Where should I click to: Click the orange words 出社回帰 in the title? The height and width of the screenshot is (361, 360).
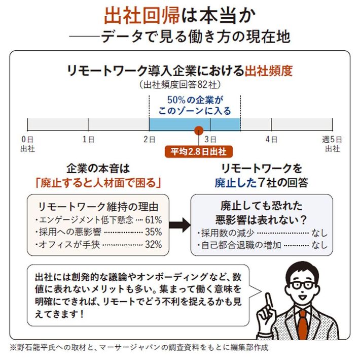(x=142, y=16)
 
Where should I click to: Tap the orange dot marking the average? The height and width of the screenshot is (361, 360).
(x=199, y=130)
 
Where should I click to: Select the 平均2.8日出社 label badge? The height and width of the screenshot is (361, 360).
(x=199, y=152)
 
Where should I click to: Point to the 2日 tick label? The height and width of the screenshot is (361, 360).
(x=149, y=139)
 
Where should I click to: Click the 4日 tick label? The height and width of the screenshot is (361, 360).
(x=271, y=139)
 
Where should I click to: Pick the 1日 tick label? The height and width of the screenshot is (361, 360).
(x=88, y=139)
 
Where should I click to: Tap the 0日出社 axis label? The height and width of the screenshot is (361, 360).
(x=27, y=144)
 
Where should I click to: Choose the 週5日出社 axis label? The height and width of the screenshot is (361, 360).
(x=332, y=144)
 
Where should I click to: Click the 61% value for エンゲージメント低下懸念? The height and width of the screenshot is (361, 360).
(x=154, y=220)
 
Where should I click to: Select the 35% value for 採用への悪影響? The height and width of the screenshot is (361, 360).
(x=154, y=232)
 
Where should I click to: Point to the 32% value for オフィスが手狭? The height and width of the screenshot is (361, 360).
(x=154, y=244)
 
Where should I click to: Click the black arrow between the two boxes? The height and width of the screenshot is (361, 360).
(x=179, y=225)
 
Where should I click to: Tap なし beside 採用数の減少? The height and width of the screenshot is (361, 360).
(x=319, y=233)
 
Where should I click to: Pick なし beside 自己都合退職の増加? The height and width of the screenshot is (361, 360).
(x=319, y=245)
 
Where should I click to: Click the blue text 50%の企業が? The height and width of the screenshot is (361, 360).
(x=195, y=100)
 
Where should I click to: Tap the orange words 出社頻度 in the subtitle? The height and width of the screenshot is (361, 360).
(x=269, y=71)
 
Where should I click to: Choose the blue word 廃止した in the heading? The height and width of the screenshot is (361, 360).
(x=236, y=183)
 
